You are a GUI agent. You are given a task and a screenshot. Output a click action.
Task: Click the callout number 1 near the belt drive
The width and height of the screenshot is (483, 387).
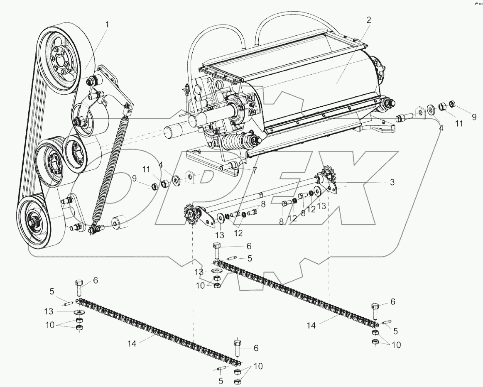click(107, 24)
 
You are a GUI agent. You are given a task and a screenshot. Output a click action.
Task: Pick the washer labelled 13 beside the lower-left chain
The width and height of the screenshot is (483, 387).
click(78, 312)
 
